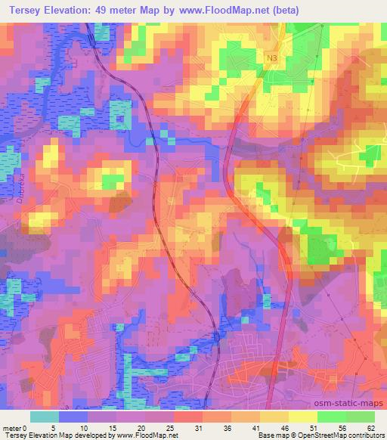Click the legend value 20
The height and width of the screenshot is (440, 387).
[141, 427]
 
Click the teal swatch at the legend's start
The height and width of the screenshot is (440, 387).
[45, 417]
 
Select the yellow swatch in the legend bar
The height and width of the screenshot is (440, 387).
[302, 417]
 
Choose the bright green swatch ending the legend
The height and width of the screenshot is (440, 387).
[360, 417]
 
